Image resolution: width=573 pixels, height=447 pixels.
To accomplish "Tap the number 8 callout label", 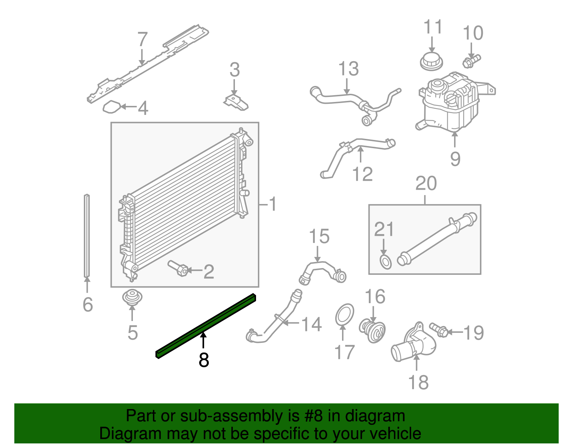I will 204,360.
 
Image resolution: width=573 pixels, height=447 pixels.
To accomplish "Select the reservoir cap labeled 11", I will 431,62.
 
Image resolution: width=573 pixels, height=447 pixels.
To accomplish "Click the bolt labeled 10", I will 471,61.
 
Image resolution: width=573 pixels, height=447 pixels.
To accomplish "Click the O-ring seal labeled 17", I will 345,315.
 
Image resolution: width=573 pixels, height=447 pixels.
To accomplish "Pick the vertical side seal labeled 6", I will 87,236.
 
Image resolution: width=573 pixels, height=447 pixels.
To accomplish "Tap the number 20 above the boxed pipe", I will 426,184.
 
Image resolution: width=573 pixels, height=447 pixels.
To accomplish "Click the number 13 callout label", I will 348,69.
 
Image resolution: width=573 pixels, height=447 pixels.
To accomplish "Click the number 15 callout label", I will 319,237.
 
